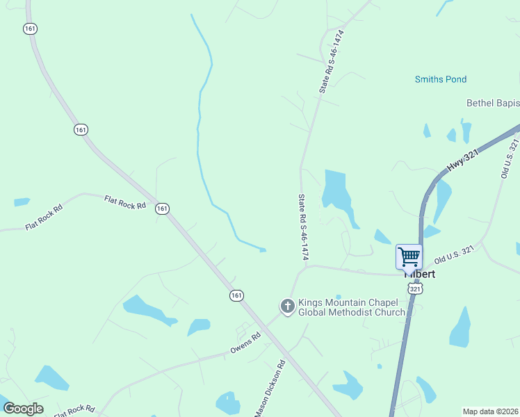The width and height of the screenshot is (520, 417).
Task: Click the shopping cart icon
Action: (409, 256)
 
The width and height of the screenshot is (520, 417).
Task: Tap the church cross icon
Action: (287, 306)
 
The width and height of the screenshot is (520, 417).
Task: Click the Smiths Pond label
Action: (441, 80)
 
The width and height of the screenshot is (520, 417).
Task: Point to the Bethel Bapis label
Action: (493, 104)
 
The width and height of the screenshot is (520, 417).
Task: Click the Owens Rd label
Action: (245, 343)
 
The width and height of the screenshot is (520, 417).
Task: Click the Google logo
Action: (23, 409)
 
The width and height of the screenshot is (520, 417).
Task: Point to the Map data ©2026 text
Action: (490, 411)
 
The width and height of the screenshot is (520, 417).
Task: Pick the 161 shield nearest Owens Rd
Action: (236, 295)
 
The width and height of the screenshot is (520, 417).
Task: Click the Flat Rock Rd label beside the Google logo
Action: (74, 409)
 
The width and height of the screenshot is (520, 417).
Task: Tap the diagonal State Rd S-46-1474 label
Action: (332, 62)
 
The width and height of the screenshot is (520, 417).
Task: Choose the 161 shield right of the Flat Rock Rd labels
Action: (162, 208)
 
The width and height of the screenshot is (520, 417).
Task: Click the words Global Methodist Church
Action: (351, 313)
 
